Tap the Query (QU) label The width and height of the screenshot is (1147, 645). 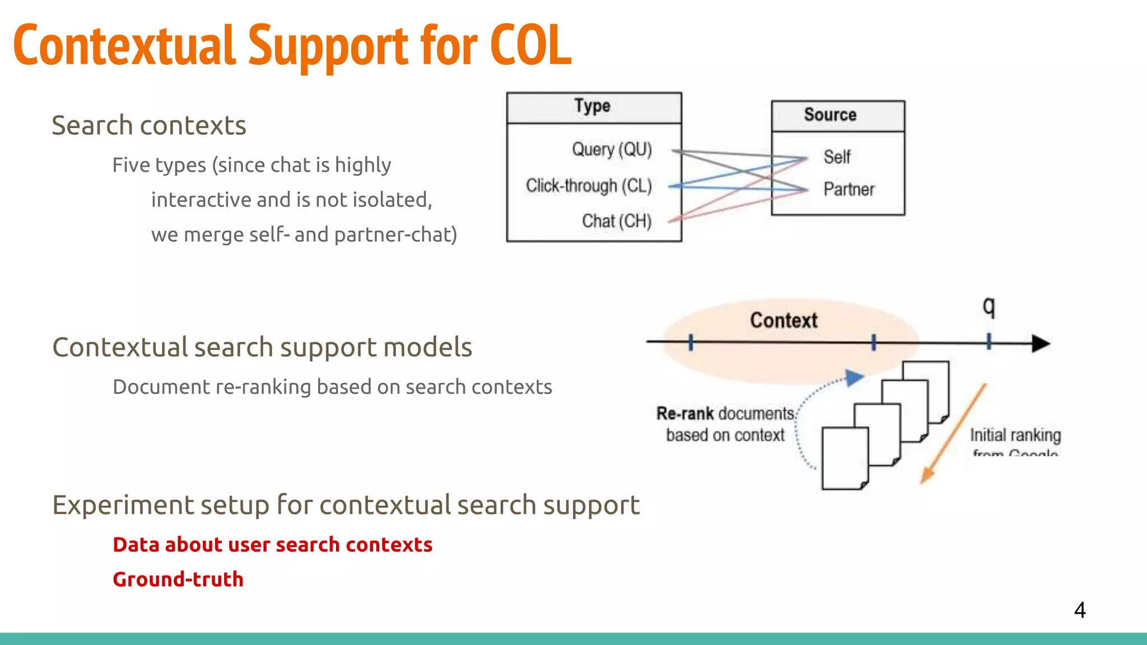pyautogui.click(x=612, y=149)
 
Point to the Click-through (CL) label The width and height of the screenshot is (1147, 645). pyautogui.click(x=589, y=185)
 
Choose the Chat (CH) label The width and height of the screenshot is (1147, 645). pyautogui.click(x=616, y=221)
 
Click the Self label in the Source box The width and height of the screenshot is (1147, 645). pyautogui.click(x=836, y=157)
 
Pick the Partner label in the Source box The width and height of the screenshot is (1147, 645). pyautogui.click(x=848, y=189)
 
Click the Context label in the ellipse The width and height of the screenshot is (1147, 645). pyautogui.click(x=783, y=320)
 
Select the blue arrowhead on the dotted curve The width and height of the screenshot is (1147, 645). pyautogui.click(x=854, y=378)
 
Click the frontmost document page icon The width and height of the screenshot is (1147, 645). pyautogui.click(x=845, y=458)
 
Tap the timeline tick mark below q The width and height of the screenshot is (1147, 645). pyautogui.click(x=989, y=342)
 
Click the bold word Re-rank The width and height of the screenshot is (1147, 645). pyautogui.click(x=685, y=414)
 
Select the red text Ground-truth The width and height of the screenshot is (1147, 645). pyautogui.click(x=178, y=579)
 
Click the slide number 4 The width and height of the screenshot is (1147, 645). pyautogui.click(x=1080, y=610)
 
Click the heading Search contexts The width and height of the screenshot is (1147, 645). pyautogui.click(x=149, y=125)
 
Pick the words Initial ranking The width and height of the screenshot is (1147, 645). pyautogui.click(x=1015, y=435)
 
